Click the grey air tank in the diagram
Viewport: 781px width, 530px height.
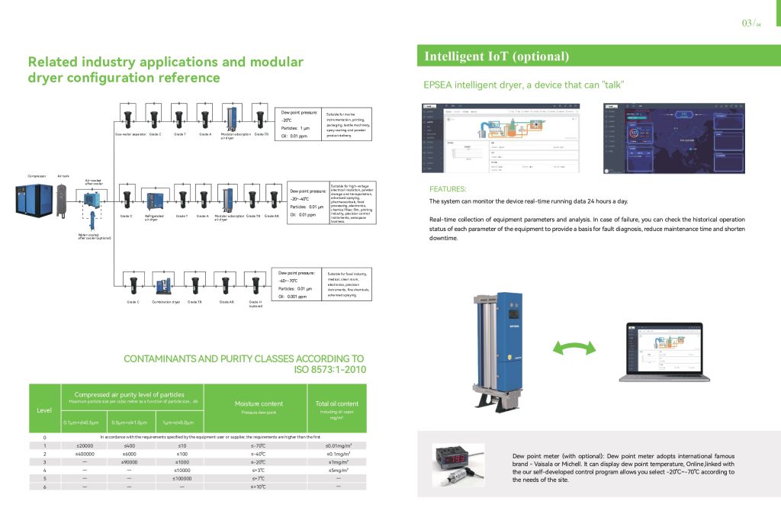(x=63, y=201)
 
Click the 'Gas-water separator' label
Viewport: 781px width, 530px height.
(x=130, y=134)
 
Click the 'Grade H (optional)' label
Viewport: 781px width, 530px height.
(x=256, y=304)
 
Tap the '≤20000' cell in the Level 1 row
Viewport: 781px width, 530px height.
(x=85, y=445)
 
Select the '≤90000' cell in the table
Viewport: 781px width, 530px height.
(x=129, y=462)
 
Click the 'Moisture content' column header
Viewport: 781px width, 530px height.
(x=259, y=403)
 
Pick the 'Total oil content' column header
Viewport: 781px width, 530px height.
(x=337, y=403)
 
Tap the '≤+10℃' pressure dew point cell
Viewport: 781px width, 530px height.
(x=259, y=487)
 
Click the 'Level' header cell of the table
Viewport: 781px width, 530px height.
(x=44, y=410)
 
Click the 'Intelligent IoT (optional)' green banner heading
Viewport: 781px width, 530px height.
(x=497, y=56)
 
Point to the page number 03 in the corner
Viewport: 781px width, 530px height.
(x=747, y=23)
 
